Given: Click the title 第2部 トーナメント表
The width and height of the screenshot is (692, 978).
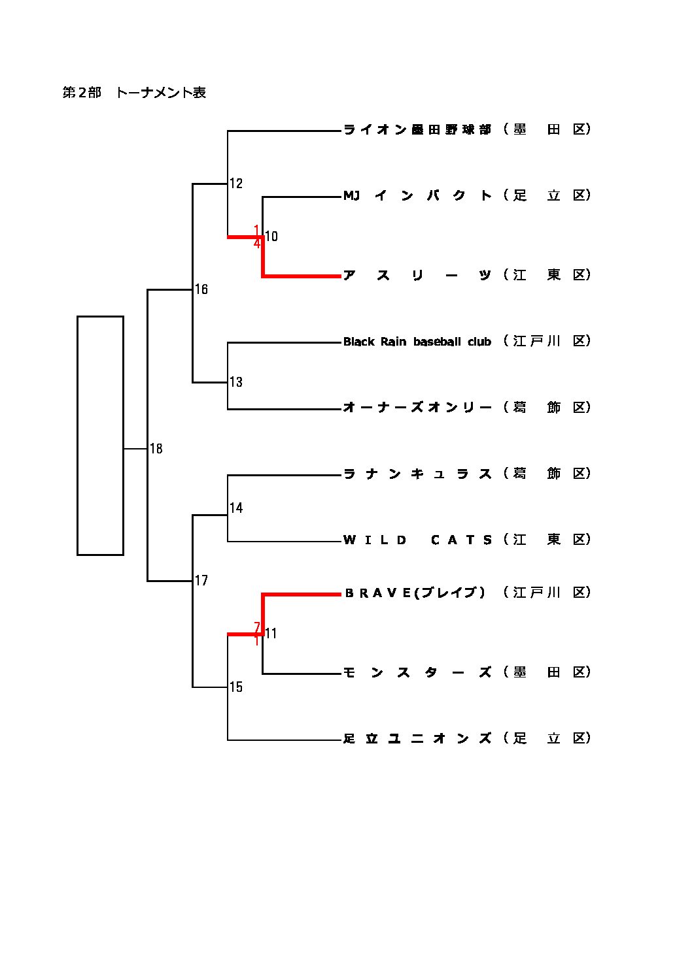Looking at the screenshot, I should pos(134,93).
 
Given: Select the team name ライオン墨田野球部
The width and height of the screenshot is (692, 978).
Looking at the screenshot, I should pos(417,129).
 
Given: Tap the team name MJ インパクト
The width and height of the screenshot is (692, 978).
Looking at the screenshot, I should pos(417,195).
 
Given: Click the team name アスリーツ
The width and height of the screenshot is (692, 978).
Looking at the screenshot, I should pos(417,275).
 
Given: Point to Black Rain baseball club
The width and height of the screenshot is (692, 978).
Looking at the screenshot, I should pos(417,342).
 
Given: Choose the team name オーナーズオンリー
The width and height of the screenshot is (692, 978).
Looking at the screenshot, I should pos(417,408).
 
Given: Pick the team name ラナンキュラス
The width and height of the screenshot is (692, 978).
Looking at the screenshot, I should pos(417,474).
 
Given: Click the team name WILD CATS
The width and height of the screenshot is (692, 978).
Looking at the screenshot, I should pos(417,540).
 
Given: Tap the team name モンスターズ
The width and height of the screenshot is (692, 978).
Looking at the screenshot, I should pos(417,672).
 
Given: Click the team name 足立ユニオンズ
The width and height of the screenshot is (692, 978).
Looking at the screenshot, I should pos(417,738).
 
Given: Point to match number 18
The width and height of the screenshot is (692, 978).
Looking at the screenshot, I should pos(156,449).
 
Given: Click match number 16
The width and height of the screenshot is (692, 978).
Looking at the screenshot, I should pos(201,289).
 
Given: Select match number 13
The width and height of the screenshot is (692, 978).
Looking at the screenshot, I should pos(236,382).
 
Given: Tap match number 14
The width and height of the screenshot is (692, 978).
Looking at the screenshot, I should pos(236,508).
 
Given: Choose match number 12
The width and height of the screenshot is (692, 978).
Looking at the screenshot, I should pos(236,184).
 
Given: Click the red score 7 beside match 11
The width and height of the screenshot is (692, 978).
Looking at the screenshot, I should pos(257,627).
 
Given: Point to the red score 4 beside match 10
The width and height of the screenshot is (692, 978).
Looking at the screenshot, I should pos(257,244).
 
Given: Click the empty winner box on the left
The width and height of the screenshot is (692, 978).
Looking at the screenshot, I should pos(100,435).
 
